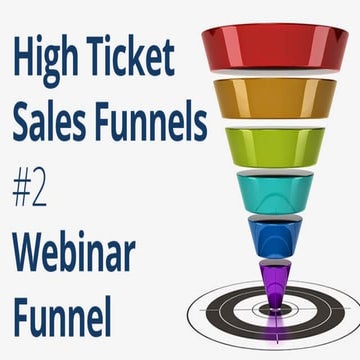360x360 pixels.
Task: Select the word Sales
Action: pos(49,122)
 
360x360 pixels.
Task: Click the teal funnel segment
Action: pos(273,191)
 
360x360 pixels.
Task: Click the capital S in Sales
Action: pos(23,122)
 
